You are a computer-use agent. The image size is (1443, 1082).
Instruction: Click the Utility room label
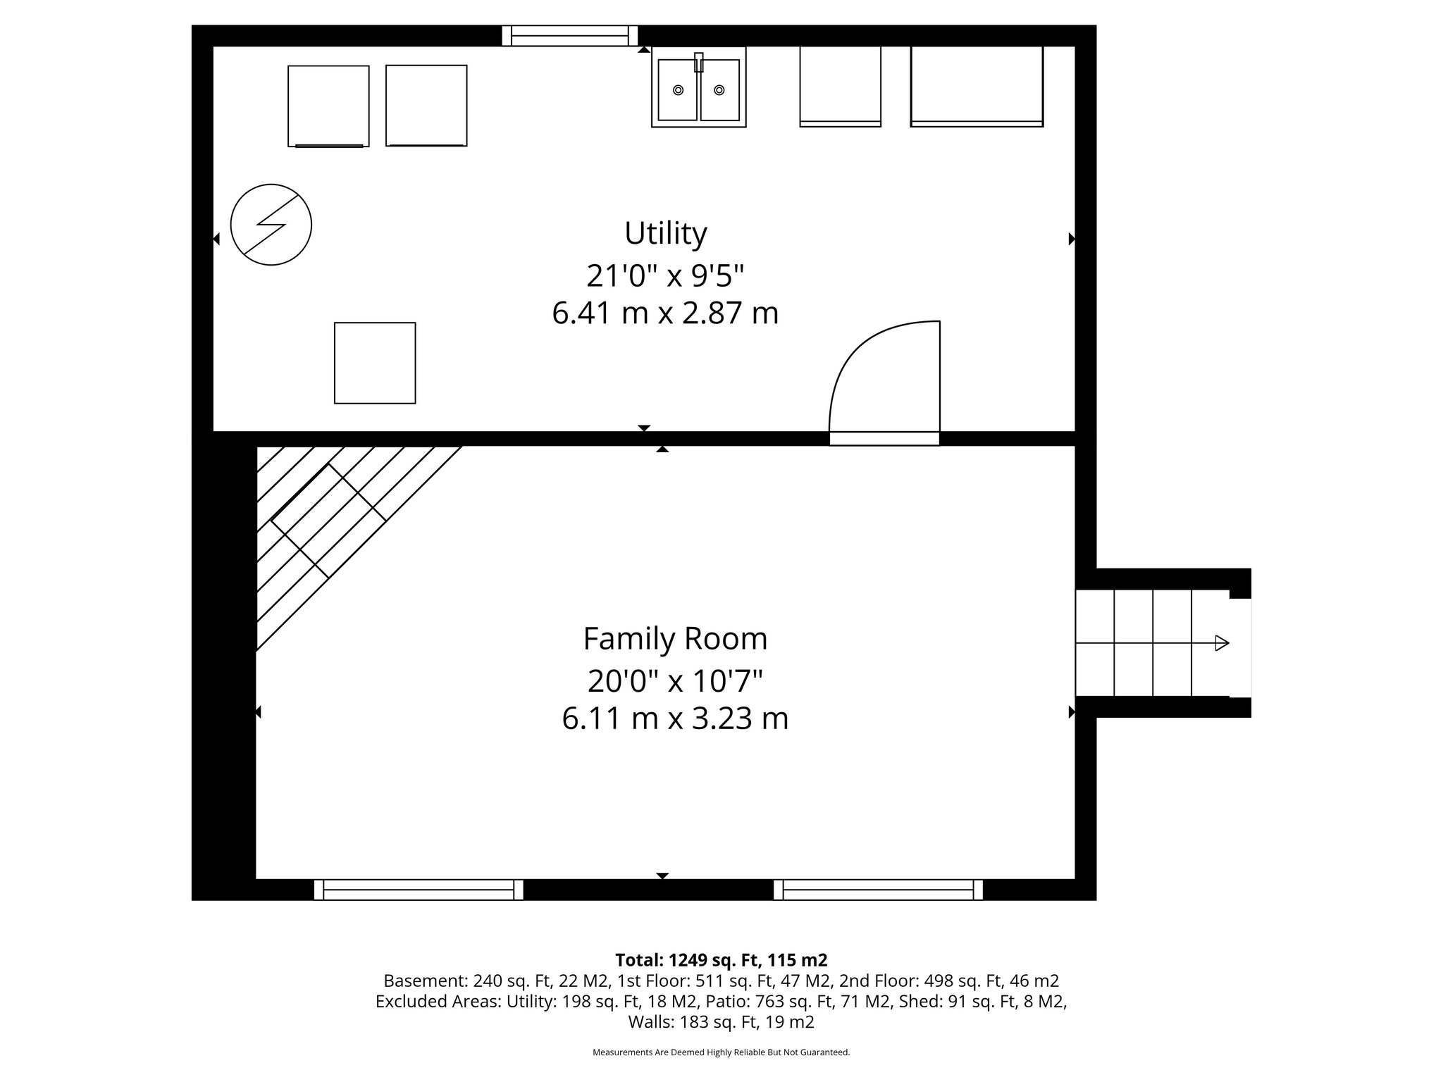click(665, 234)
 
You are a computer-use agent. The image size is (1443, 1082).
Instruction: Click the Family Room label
click(675, 639)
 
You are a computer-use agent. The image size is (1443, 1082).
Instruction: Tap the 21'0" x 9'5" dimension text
click(665, 275)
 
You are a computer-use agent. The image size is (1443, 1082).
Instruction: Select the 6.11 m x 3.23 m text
click(675, 719)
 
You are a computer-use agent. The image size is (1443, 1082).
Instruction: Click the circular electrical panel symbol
click(271, 225)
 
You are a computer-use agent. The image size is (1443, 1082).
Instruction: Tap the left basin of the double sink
click(678, 89)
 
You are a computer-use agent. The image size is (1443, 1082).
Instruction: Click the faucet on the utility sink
click(698, 63)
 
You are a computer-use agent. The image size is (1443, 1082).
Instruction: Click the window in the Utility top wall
click(569, 35)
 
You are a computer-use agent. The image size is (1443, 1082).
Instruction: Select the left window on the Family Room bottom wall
click(419, 890)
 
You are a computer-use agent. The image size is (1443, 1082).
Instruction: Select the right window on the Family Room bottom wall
click(878, 890)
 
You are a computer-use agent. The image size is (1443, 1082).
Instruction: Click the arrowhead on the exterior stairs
click(1222, 642)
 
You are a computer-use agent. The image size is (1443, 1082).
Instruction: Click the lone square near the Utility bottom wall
click(375, 363)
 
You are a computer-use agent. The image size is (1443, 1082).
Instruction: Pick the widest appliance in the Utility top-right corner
click(977, 86)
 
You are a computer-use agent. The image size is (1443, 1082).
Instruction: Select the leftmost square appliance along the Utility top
click(328, 106)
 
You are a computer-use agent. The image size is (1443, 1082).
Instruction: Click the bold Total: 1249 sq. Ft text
click(721, 959)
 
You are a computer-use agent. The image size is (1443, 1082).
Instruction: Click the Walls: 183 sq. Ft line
click(721, 1021)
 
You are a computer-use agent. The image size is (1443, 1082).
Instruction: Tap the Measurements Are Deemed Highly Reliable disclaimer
click(721, 1052)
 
